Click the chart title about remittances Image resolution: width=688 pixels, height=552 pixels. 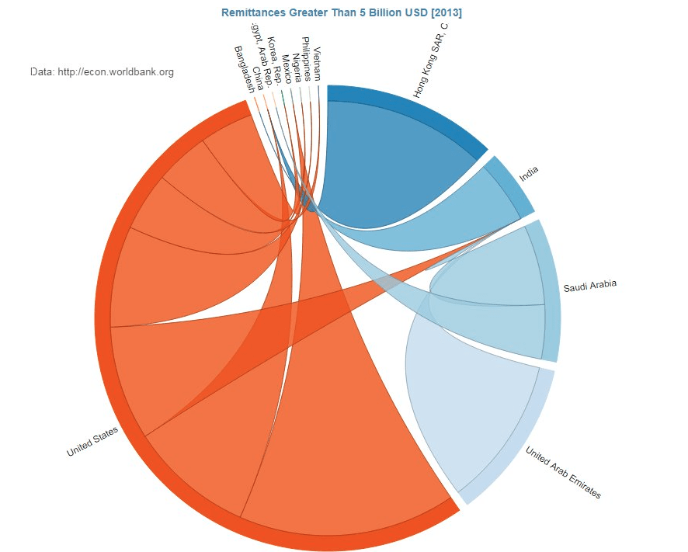[x=342, y=12]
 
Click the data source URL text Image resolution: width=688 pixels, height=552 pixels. [x=102, y=72]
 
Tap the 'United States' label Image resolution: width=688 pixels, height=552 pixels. [x=92, y=441]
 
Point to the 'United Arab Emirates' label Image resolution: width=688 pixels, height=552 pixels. [x=563, y=472]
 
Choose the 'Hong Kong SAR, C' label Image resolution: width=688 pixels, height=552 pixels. [x=432, y=61]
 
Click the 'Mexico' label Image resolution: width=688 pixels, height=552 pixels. [x=287, y=67]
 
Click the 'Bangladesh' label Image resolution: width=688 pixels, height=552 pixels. [x=244, y=68]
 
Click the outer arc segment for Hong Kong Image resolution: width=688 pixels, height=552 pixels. [x=412, y=108]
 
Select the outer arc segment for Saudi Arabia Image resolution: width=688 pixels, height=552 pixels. [x=551, y=291]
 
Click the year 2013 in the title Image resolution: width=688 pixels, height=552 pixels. [x=447, y=12]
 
